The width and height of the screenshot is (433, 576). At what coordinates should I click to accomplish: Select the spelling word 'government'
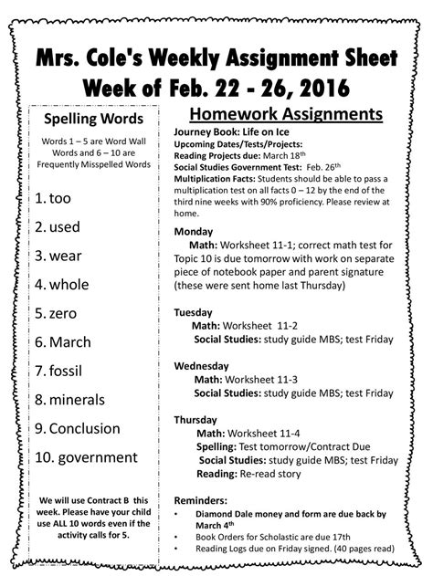tap(92, 456)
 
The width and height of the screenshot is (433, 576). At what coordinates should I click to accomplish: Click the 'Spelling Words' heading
tap(88, 119)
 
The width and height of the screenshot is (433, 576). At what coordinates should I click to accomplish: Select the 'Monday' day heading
tap(193, 231)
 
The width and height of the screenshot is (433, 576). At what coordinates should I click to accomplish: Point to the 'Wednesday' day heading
tap(203, 365)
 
